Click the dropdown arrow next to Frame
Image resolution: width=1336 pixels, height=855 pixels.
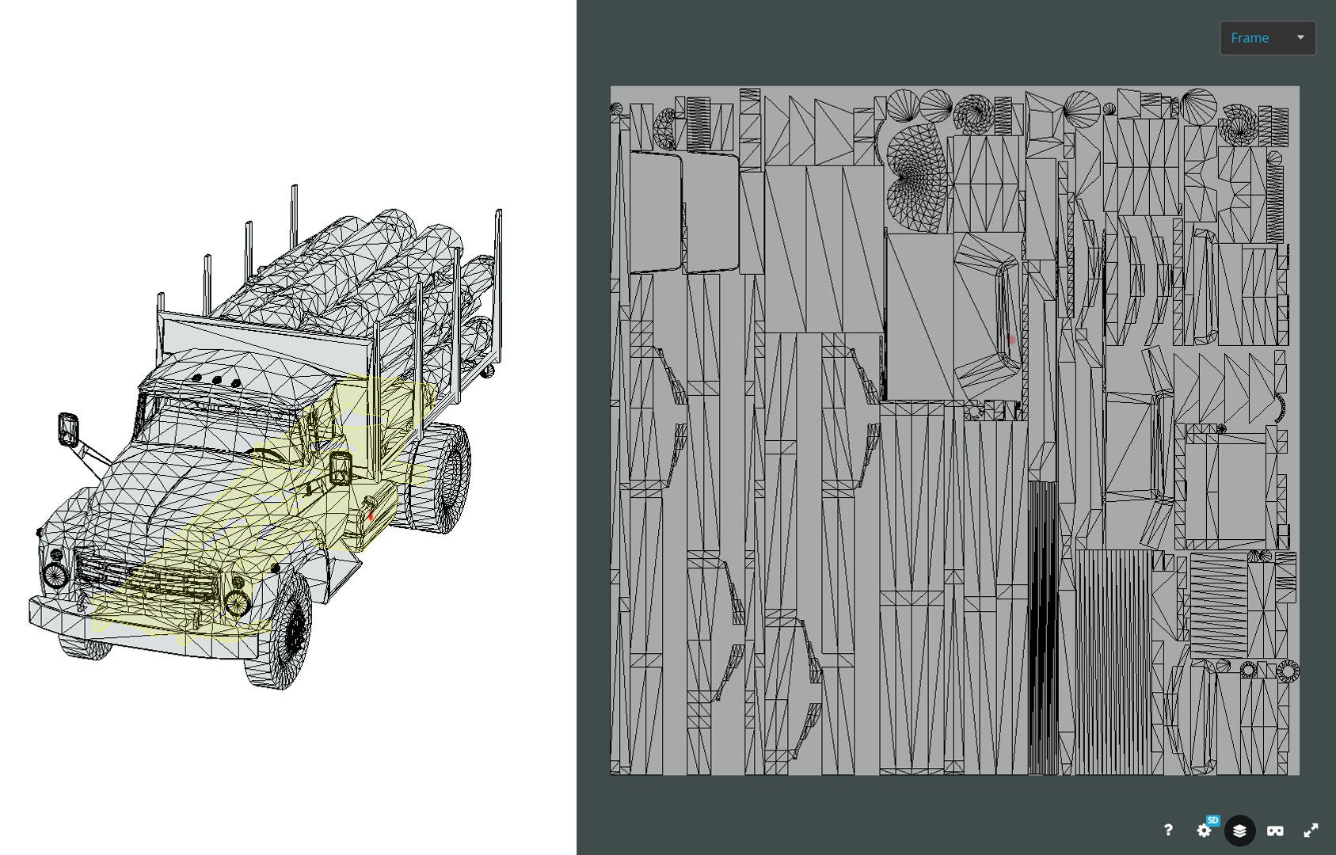point(1300,37)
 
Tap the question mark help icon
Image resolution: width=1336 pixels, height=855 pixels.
point(1167,830)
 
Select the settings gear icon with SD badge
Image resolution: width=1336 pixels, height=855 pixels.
point(1205,830)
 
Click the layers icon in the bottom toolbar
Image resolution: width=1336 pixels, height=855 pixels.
point(1239,830)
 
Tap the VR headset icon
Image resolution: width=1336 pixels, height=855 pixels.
point(1275,830)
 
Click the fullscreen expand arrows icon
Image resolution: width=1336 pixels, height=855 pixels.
point(1311,830)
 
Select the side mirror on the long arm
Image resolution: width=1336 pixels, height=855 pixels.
point(68,428)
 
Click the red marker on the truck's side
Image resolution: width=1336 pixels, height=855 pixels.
point(371,516)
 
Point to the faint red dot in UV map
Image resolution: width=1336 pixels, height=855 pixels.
point(1011,340)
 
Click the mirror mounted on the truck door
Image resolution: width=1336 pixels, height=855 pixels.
point(341,468)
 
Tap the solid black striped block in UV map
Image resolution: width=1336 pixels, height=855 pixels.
point(1042,625)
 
